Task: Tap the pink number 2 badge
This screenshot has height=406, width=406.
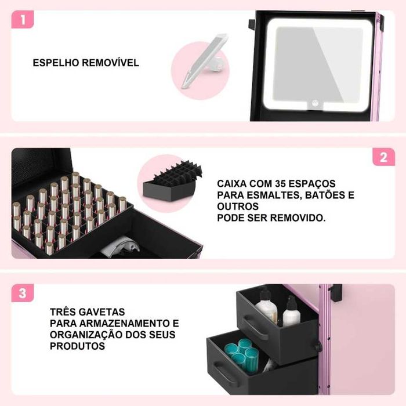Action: [383, 157]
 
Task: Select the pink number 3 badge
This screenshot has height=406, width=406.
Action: [23, 293]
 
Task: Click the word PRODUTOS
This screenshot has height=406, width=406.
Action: [77, 346]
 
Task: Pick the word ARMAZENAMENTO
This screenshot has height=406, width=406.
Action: [120, 323]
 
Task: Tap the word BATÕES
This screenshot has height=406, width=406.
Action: [327, 195]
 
